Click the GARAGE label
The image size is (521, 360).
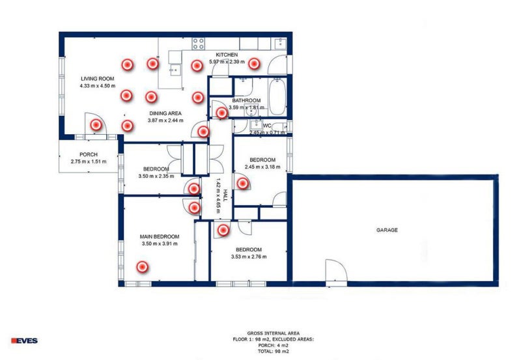(x=386, y=230)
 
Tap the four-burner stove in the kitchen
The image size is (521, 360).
(x=198, y=44)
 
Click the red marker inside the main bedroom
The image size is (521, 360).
(x=141, y=266)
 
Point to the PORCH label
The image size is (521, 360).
(x=84, y=154)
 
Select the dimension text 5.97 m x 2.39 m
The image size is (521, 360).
(x=226, y=62)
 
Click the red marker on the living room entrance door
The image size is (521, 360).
(x=94, y=124)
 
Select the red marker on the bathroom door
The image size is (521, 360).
(x=222, y=113)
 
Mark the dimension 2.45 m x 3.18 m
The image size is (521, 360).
(x=262, y=167)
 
